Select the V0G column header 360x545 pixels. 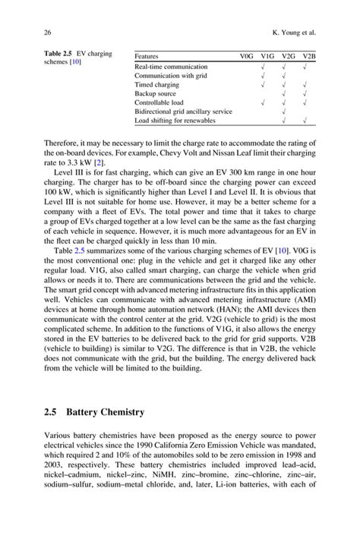(247, 56)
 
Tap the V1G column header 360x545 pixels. (267, 56)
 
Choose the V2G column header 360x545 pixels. (287, 56)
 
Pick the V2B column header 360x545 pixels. (308, 56)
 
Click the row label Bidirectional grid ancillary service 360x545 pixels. (183, 110)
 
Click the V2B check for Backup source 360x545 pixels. (304, 92)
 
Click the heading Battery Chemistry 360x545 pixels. (105, 412)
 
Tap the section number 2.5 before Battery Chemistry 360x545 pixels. (46, 412)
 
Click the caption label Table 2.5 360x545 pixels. (50, 55)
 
